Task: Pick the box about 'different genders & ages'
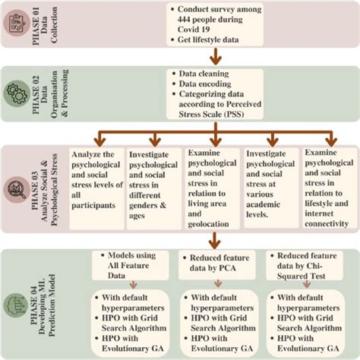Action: pos(156,180)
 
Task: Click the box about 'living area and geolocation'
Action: pos(214,186)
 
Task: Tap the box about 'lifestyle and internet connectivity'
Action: pos(327,186)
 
